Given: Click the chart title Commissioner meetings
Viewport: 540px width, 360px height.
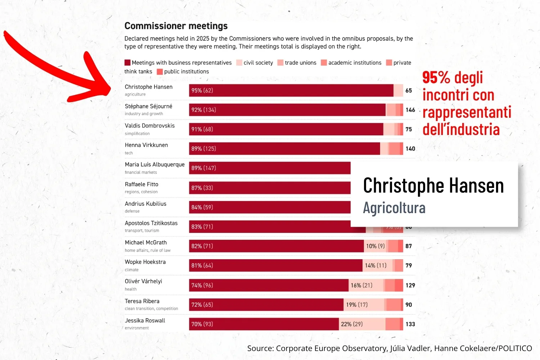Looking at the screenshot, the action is (x=176, y=26).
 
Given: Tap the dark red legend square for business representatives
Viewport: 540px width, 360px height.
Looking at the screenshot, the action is (x=127, y=63).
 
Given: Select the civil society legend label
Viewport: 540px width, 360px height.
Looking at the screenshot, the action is (x=258, y=63).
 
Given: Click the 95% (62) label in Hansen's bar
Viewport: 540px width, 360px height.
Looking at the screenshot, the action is (x=202, y=90).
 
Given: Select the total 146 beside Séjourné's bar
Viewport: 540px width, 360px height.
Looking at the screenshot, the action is (x=410, y=110).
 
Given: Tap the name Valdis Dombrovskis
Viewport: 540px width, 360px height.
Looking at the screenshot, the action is (x=150, y=126).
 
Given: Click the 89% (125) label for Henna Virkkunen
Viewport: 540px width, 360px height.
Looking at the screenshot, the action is (x=204, y=149).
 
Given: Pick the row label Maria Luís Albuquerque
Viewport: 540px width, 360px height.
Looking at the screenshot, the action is (x=155, y=165).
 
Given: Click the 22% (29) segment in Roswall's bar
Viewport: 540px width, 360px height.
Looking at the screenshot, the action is (x=352, y=324).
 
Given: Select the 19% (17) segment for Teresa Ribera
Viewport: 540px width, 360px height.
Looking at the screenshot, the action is (x=357, y=305).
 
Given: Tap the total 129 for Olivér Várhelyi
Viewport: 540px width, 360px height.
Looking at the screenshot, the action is (x=410, y=285).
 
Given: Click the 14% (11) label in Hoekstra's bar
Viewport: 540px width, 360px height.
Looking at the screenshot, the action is (x=375, y=265).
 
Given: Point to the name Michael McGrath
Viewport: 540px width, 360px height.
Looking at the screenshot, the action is (x=146, y=243).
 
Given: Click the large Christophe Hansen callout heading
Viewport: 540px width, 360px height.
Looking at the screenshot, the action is (x=433, y=185).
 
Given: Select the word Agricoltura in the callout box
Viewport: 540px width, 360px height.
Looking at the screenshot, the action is (x=394, y=208).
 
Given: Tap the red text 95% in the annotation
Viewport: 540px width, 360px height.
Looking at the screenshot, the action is (x=436, y=78).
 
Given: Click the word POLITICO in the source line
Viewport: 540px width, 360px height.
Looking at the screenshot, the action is (x=515, y=348).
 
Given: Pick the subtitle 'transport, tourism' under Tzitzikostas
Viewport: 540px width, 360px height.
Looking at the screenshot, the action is (x=142, y=230).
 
